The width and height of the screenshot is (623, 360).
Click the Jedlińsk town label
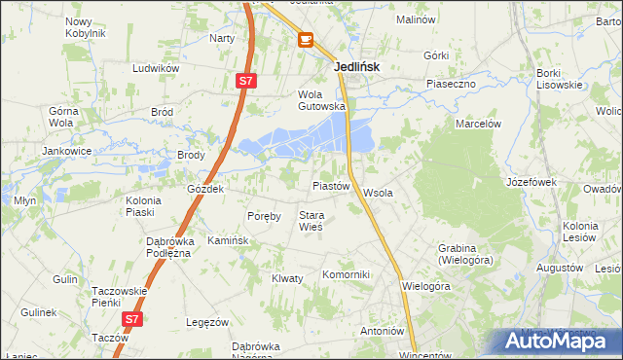(356, 67)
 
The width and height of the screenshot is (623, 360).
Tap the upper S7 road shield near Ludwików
(247, 83)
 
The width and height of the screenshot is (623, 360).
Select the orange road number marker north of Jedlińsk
(306, 39)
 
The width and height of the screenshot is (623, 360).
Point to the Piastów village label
(330, 185)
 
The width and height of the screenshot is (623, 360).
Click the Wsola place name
(378, 193)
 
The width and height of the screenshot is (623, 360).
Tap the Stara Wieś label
(311, 221)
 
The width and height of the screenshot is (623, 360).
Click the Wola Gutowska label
(321, 100)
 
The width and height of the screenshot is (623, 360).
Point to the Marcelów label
(478, 124)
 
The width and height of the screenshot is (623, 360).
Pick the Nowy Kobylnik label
(85, 27)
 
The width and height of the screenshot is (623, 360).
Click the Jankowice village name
(66, 152)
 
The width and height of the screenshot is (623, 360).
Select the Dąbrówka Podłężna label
(165, 247)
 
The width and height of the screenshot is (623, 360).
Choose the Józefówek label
(531, 182)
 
